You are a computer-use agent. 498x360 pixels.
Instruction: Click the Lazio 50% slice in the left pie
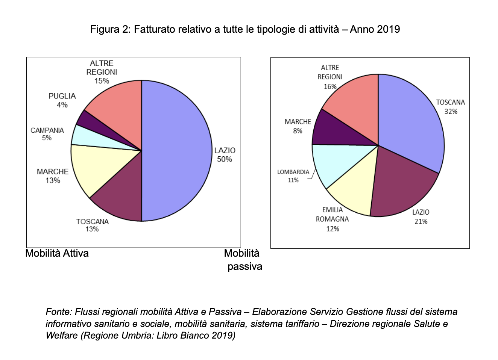(x=177, y=150)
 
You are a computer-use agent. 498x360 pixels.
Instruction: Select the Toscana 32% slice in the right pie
(x=410, y=120)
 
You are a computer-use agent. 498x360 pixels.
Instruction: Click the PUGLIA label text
(x=62, y=96)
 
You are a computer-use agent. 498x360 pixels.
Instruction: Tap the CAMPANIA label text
(x=47, y=130)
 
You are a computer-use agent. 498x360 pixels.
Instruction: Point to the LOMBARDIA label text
(x=293, y=172)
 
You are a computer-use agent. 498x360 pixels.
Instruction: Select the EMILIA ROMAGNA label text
(x=332, y=215)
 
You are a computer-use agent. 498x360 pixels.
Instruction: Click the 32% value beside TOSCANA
(x=451, y=112)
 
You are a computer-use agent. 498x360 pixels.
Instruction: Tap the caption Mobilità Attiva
(x=57, y=253)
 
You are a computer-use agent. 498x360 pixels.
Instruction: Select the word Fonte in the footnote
(x=58, y=312)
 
